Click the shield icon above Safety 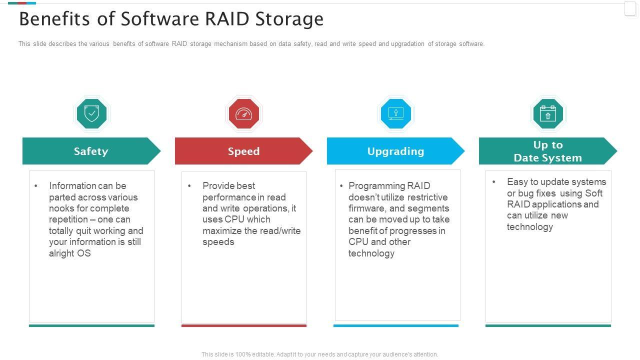coord(91,113)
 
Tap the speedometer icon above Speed coord(243,113)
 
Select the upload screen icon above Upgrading coord(395,113)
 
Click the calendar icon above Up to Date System coord(547,113)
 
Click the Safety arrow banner coord(91,151)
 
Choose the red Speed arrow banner coord(243,151)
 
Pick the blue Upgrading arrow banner coord(395,151)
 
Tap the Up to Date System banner coord(548,151)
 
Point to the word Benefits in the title coord(54,19)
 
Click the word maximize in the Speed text coord(222,230)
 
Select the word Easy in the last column coord(517,182)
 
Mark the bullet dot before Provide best coord(189,186)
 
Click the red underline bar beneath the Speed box coord(244,325)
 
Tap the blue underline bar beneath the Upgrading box coord(396,325)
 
